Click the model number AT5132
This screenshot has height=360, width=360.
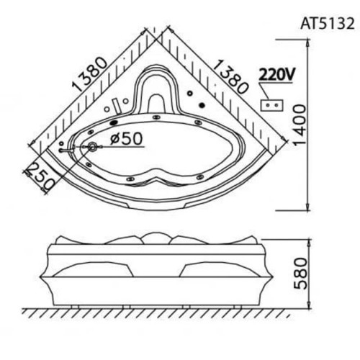pos(328,24)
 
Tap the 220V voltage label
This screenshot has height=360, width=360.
pos(276,75)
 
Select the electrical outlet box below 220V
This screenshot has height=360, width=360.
pos(272,105)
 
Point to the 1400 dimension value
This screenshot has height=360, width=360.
pos(300,125)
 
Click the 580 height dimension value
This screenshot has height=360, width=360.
pos(300,274)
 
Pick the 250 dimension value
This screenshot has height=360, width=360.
pos(40,176)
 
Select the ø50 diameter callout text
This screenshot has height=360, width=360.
pos(127,139)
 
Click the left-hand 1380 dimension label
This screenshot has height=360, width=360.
pos(90,74)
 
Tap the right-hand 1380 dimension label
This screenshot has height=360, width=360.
pos(230,76)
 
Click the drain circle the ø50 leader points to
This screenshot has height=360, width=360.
pos(92,146)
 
